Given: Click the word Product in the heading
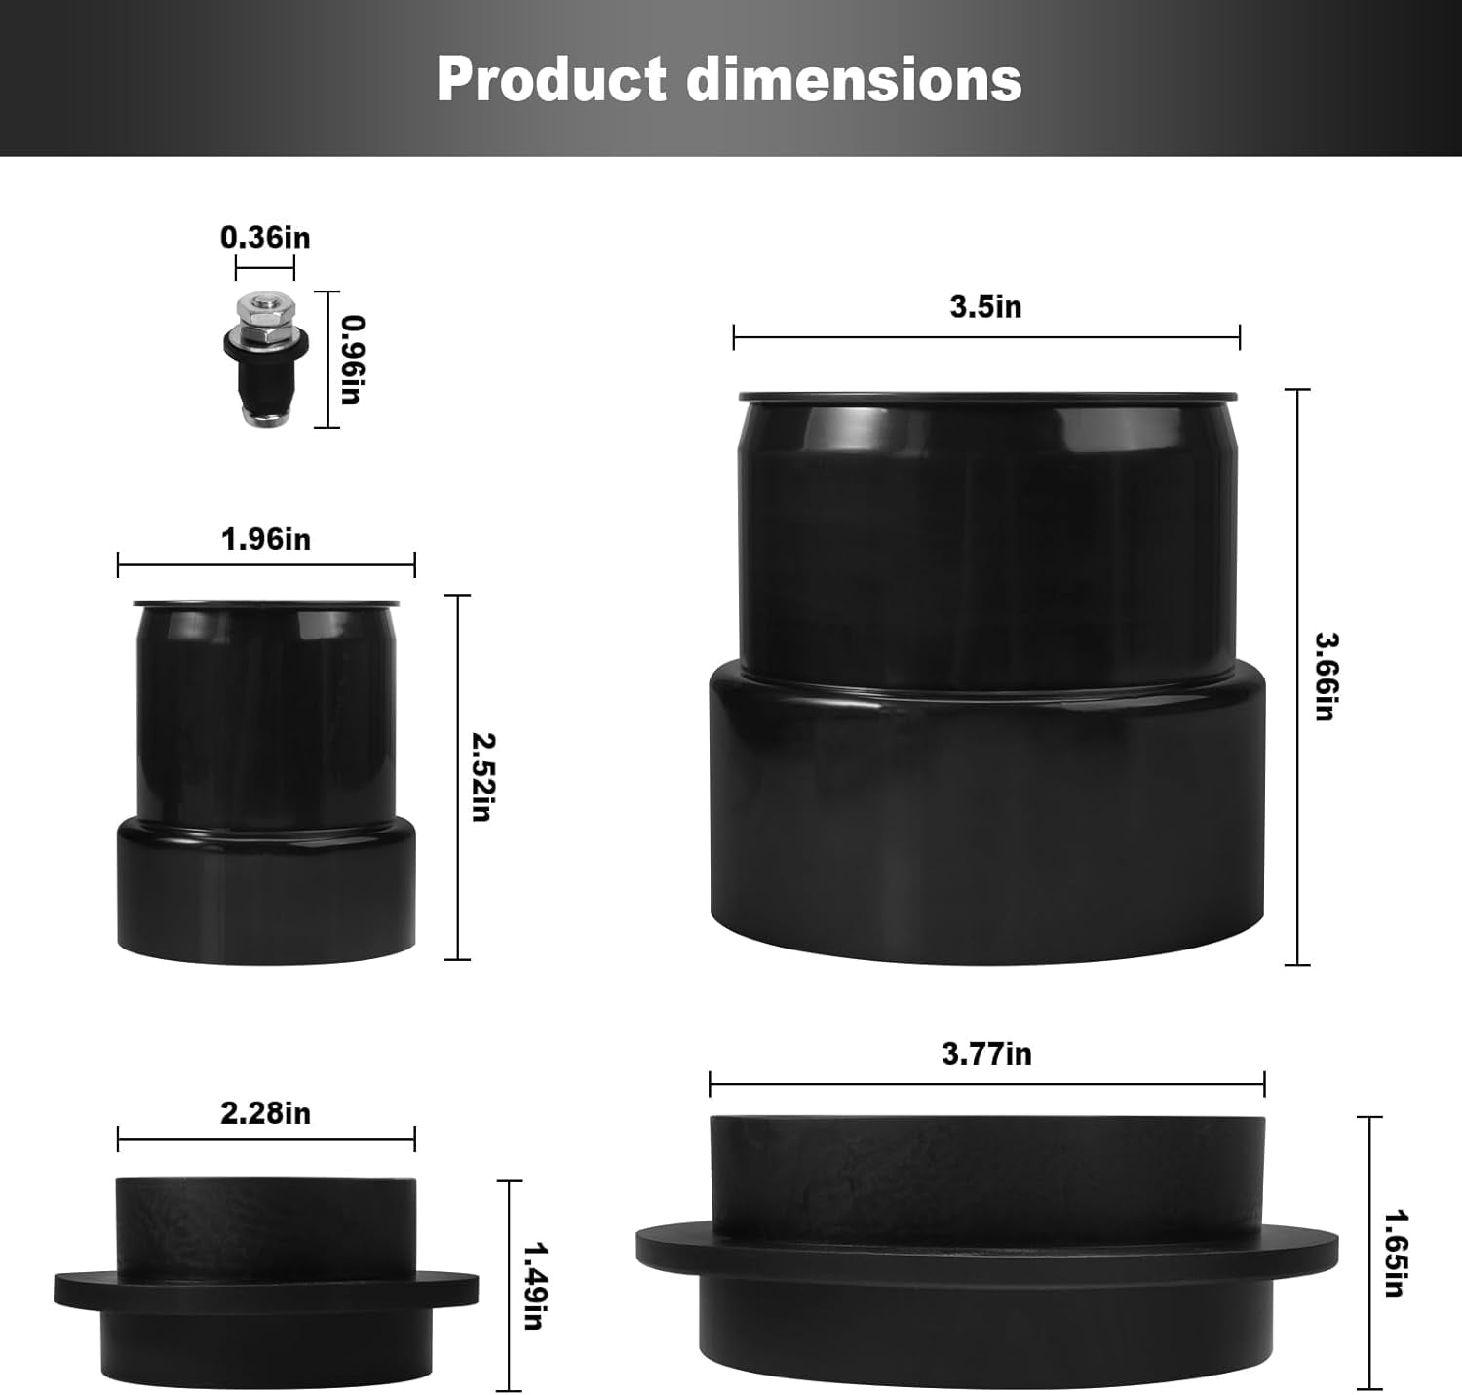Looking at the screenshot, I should [551, 80].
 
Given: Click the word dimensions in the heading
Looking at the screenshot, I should [854, 80].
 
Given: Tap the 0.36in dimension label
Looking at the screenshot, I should [265, 237].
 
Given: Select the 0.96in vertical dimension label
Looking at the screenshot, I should [352, 359].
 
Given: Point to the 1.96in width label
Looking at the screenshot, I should [265, 539].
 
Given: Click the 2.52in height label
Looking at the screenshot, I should [481, 777].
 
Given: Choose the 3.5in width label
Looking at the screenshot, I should [985, 307].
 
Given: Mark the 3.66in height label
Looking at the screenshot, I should [1326, 677].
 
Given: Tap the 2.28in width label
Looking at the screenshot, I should [265, 1112].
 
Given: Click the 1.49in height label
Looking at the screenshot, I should [533, 1285].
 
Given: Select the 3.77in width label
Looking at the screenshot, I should [986, 1054].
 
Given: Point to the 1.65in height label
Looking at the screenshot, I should [1395, 1253].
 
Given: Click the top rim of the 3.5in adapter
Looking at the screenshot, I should [987, 397].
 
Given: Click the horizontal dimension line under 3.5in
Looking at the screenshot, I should [986, 337].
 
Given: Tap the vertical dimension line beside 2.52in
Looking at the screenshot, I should [458, 777].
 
